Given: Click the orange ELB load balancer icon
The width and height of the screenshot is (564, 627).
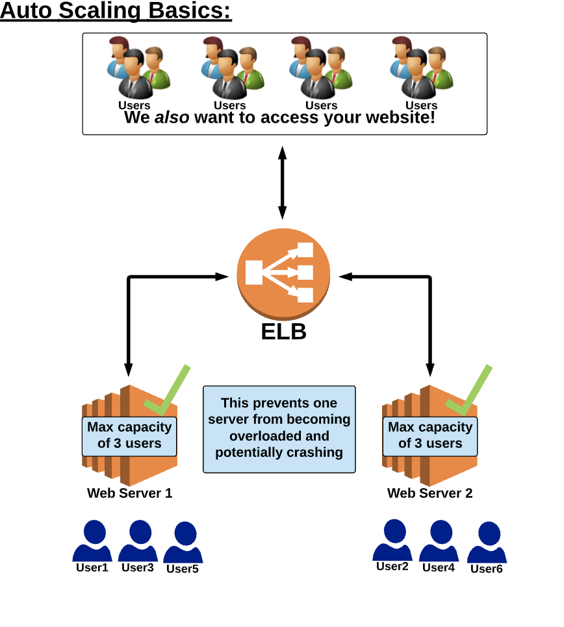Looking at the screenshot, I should tap(283, 273).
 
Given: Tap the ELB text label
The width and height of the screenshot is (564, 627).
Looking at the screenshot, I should tap(283, 332).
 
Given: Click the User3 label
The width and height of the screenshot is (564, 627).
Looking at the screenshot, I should tap(138, 568).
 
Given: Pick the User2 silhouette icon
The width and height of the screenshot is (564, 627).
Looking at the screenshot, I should tap(392, 540).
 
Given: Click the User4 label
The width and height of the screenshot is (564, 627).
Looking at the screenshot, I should tap(439, 568).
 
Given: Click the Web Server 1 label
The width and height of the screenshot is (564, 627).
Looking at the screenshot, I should tap(130, 493).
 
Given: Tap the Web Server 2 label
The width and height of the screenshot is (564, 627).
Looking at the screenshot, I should tap(430, 493).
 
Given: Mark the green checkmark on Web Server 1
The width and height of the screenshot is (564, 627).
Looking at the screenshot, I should tap(168, 392).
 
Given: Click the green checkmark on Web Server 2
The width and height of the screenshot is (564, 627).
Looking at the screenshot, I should tap(470, 392).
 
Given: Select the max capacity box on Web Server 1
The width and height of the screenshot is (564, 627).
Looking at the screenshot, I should tap(129, 436).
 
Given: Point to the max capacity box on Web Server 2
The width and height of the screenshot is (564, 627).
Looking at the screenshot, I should tap(430, 436).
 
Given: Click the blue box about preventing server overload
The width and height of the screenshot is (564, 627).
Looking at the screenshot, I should tap(279, 429).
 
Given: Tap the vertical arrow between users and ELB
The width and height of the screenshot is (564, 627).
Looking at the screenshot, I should tap(282, 182).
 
